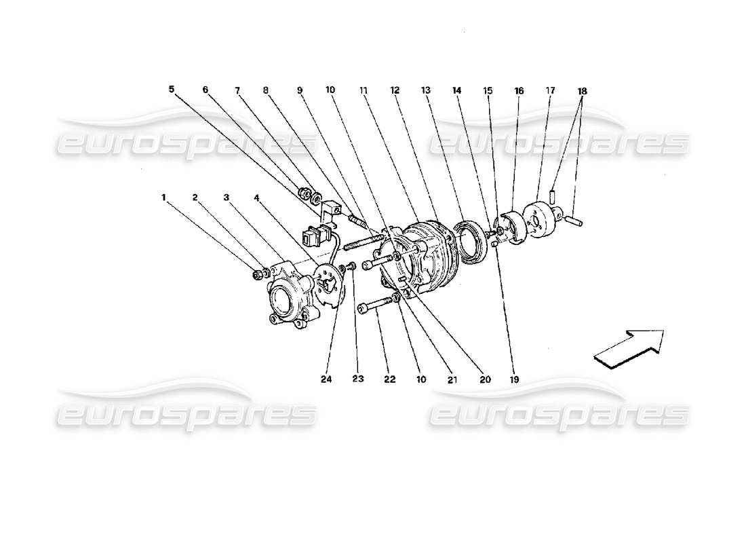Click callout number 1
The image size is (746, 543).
[x=164, y=198]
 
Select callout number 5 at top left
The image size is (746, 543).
[x=171, y=90]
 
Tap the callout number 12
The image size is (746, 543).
[x=395, y=90]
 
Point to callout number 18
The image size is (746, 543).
[x=583, y=90]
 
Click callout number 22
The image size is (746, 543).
[x=389, y=379]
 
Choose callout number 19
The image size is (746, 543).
[x=514, y=379]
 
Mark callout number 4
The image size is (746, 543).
[x=257, y=198]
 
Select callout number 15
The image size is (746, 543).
[x=488, y=90]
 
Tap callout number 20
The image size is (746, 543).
[x=484, y=379]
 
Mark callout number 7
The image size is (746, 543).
[x=238, y=90]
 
